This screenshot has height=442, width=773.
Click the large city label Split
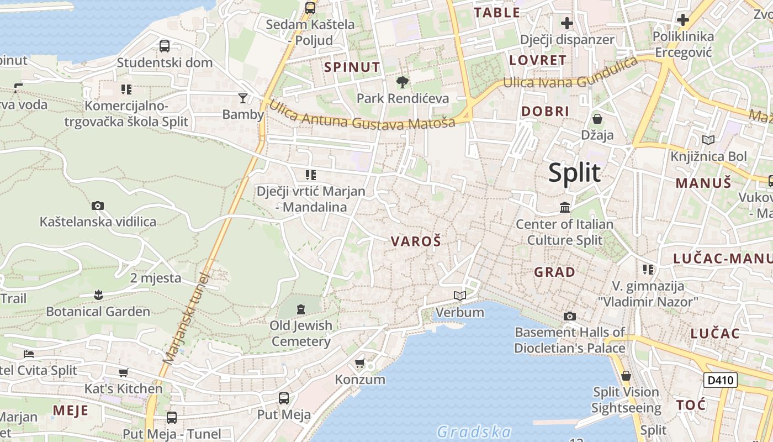574,173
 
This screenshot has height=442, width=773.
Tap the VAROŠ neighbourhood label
416,241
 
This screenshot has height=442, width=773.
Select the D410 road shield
721,380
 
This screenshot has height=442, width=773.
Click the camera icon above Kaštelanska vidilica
98,206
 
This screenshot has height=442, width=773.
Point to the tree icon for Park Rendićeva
403,83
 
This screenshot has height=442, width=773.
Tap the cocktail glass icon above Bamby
243,98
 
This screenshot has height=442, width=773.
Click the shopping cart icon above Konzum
360,364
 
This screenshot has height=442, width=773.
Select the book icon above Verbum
460,296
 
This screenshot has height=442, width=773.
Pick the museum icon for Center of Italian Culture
565,208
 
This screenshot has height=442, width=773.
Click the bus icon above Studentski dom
165,46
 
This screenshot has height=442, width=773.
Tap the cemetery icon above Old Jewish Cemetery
301,309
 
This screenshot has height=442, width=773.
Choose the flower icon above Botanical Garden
98,295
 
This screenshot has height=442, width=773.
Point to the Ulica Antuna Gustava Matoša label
362,115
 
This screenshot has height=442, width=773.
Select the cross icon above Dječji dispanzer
567,23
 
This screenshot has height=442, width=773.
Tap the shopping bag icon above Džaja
597,119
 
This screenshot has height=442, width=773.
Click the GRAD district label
554,272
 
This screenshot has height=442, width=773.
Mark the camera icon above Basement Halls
570,317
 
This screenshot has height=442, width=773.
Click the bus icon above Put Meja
284,398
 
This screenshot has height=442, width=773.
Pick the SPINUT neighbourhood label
352,67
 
